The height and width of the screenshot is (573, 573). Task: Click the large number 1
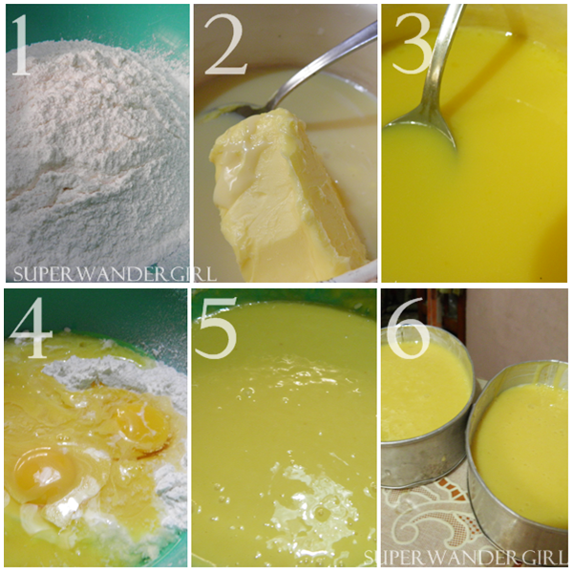(22, 46)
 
